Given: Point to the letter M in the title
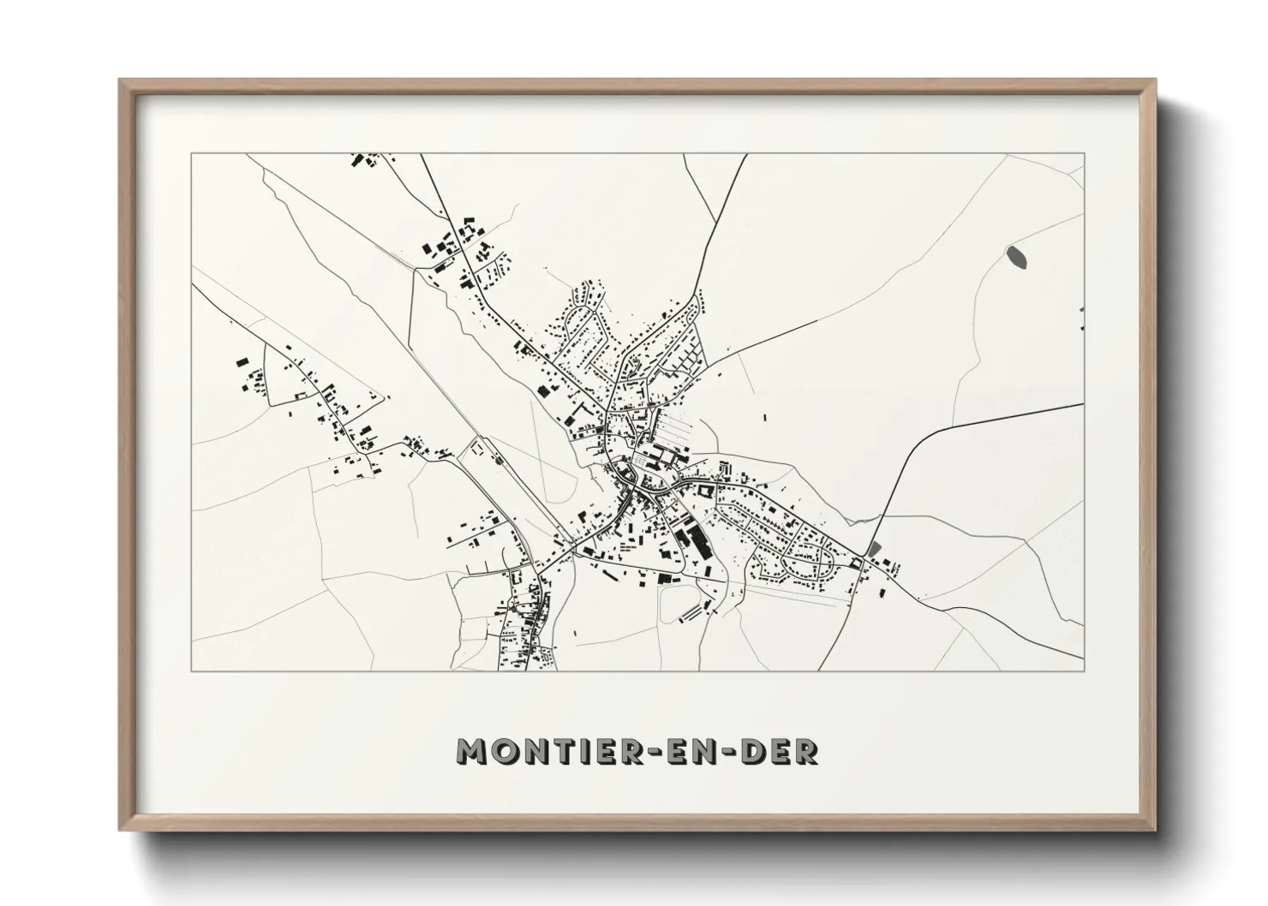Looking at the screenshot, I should point(472,751).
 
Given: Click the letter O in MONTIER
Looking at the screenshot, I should point(504,751).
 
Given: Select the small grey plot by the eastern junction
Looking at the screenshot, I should point(874,548).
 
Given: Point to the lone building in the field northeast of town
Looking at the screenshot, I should point(764,418).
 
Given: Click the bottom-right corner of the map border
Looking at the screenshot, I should point(1085,671).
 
